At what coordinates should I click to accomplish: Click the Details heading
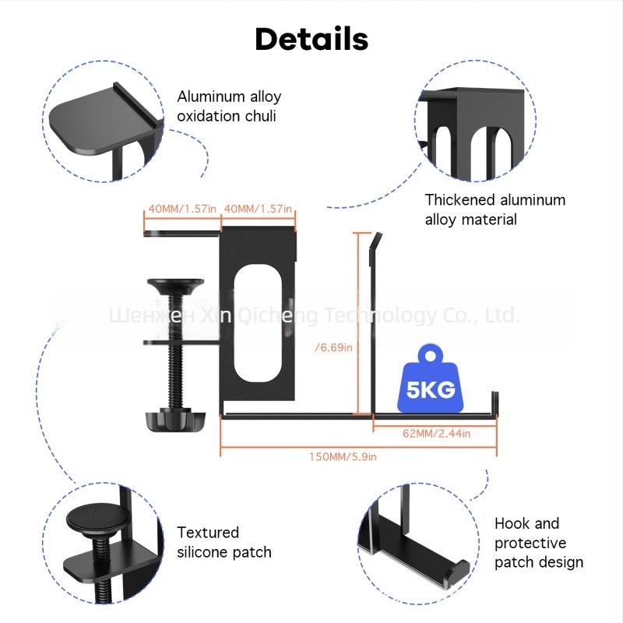click(311, 38)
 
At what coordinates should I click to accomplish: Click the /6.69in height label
click(333, 347)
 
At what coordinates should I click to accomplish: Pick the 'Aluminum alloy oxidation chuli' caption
click(229, 107)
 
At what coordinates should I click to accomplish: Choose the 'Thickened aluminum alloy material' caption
click(495, 209)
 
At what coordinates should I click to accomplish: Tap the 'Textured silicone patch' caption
click(224, 543)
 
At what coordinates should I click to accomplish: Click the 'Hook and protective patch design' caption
click(539, 543)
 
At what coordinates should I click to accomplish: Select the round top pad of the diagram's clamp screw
click(174, 284)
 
